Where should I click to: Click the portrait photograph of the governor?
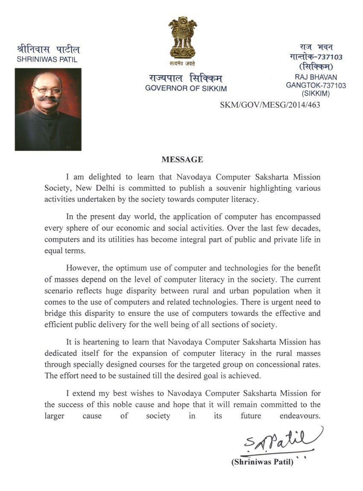48,109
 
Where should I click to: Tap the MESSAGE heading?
182,160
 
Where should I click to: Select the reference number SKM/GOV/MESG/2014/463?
269,104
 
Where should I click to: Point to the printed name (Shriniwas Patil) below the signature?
262,462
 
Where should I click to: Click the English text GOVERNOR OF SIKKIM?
186,89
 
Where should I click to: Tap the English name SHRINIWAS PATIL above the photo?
47,60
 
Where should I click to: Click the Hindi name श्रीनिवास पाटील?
48,49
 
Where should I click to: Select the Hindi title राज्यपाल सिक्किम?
185,78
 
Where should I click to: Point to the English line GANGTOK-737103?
316,85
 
